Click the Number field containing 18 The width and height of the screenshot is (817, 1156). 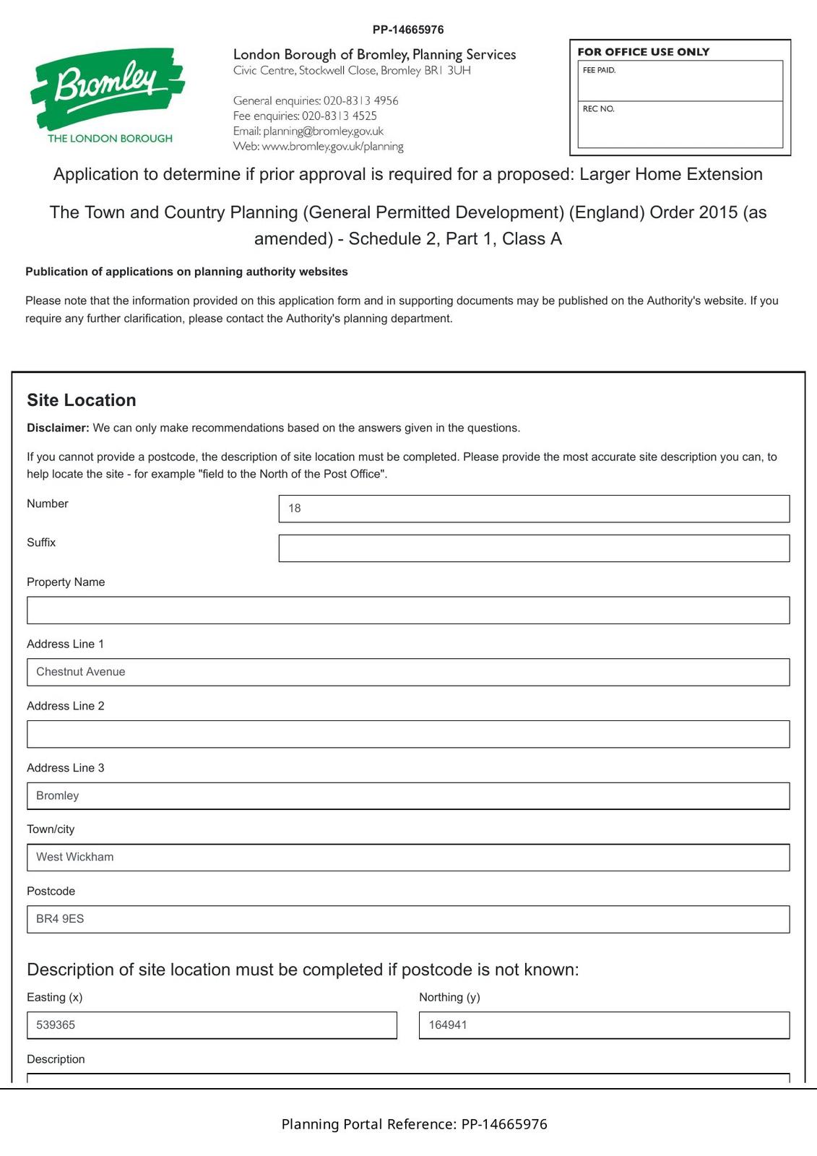[x=533, y=509]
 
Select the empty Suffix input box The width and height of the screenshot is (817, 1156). [x=533, y=548]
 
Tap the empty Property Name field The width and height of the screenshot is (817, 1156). [x=407, y=611]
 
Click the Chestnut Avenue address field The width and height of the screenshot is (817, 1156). [x=407, y=672]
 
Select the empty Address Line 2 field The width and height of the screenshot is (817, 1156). [x=407, y=734]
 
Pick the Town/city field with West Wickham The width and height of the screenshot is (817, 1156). [x=407, y=858]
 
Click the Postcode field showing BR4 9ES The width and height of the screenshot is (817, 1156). [x=407, y=919]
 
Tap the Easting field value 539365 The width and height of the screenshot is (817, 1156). [x=211, y=1025]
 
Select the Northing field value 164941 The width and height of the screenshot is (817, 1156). [x=603, y=1025]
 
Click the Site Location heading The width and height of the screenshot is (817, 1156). [x=82, y=400]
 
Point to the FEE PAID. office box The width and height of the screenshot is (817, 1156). [x=680, y=81]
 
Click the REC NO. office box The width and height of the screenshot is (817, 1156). [x=680, y=124]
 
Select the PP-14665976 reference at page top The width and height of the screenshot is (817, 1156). [x=408, y=30]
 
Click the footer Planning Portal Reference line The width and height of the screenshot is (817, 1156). [x=414, y=1124]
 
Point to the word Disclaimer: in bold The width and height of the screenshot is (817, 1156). [x=58, y=428]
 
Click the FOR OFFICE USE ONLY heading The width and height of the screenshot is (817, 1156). [x=643, y=52]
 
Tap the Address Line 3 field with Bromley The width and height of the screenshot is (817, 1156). [x=407, y=795]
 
